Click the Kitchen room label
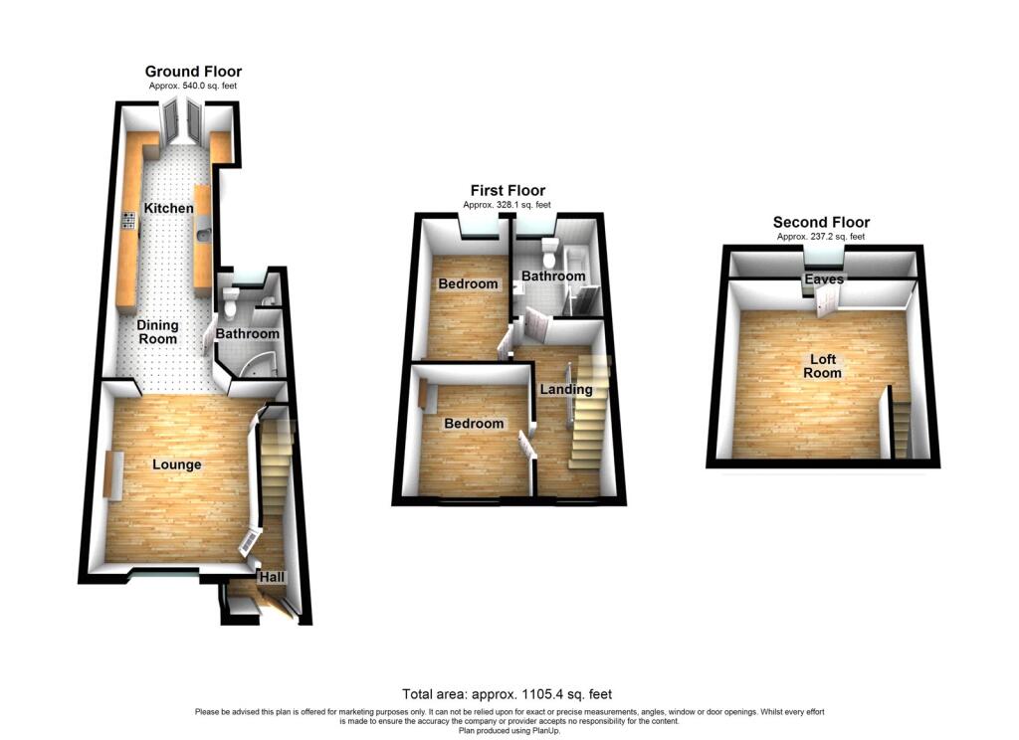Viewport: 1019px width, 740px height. point(168,209)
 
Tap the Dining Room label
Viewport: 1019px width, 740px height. point(157,332)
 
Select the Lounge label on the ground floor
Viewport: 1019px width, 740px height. point(177,464)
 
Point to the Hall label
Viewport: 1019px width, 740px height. point(272,577)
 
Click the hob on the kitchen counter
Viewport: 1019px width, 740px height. point(128,220)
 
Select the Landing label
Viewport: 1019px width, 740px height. point(566,389)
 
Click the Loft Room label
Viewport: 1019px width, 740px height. point(822,366)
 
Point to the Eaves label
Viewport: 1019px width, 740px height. point(824,278)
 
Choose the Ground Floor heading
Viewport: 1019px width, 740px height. point(193,72)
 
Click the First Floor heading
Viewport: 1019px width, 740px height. point(508,190)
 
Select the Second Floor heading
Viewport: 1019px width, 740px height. point(821,222)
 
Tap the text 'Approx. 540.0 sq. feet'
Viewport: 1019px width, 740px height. point(193,86)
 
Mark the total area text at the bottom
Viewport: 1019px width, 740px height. point(507,694)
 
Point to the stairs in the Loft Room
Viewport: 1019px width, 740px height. point(901,423)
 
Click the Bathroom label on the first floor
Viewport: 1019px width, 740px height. point(553,277)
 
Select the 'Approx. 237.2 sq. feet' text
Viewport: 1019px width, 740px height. point(821,237)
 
